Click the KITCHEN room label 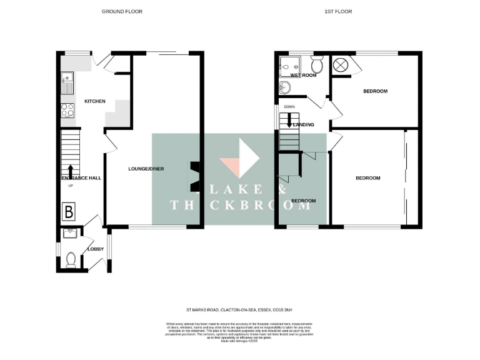click(95, 101)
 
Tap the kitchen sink click(67, 81)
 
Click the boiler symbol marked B click(69, 212)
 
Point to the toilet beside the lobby click(70, 259)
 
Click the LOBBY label click(96, 249)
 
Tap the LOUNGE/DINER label click(146, 169)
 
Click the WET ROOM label click(303, 75)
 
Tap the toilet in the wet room click(316, 64)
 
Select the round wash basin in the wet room click(285, 87)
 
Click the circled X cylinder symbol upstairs click(342, 64)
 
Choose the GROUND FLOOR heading click(122, 11)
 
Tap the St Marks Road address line click(240, 309)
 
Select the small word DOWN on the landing click(289, 107)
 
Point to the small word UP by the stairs click(70, 185)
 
